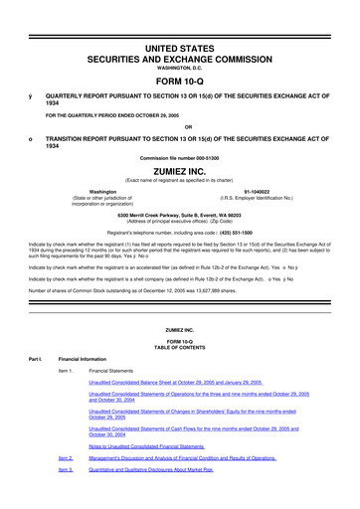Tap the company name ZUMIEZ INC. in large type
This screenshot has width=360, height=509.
pyautogui.click(x=179, y=173)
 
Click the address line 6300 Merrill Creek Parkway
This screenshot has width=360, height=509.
pyautogui.click(x=179, y=215)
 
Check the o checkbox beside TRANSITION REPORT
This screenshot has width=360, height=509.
pyautogui.click(x=30, y=135)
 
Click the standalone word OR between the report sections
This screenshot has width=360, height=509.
pyautogui.click(x=179, y=126)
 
